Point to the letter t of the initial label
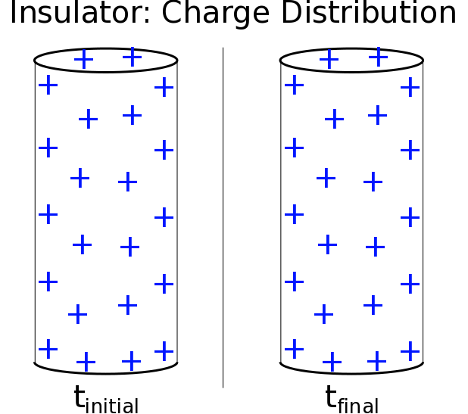pyautogui.click(x=79, y=397)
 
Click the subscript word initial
pyautogui.click(x=112, y=405)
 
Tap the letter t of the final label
pyautogui.click(x=330, y=397)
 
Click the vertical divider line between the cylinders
pyautogui.click(x=223, y=219)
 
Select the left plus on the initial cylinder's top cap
pyautogui.click(x=83, y=58)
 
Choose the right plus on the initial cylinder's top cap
pyautogui.click(x=132, y=56)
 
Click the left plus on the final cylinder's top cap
pyautogui.click(x=329, y=58)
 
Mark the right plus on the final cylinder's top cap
pyautogui.click(x=377, y=56)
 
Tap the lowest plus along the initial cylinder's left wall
pyautogui.click(x=48, y=349)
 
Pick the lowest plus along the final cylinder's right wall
pyautogui.click(x=410, y=351)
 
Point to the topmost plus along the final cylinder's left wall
pyautogui.click(x=293, y=85)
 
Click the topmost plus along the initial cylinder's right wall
pyautogui.click(x=164, y=87)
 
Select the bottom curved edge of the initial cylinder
pyautogui.click(x=106, y=372)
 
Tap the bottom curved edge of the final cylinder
pyautogui.click(x=351, y=372)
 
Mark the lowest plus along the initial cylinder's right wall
pyautogui.click(x=164, y=351)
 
